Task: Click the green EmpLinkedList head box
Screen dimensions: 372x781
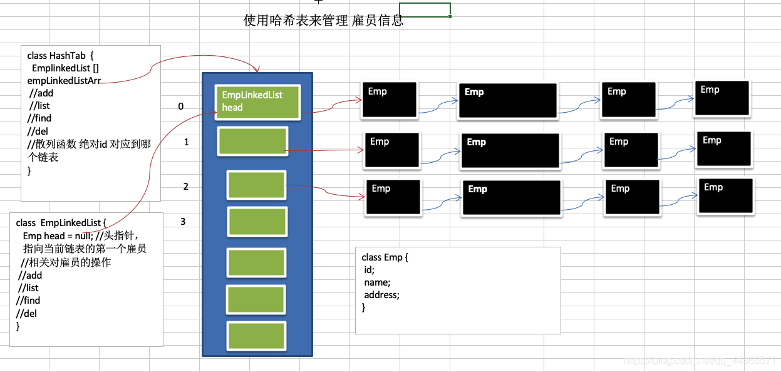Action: tap(257, 102)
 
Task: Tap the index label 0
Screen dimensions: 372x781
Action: tap(181, 106)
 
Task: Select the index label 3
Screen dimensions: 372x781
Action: tap(183, 221)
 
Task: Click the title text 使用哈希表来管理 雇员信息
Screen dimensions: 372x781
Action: tap(323, 21)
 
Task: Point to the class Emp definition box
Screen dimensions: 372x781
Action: tap(457, 290)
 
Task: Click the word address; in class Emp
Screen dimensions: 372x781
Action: tap(381, 295)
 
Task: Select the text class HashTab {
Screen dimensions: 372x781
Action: tap(60, 56)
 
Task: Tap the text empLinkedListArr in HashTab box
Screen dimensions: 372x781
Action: tap(64, 81)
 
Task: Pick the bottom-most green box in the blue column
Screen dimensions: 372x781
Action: tap(257, 336)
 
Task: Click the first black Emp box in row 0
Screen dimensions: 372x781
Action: tap(388, 100)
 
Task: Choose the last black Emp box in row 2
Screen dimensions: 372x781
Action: tap(726, 196)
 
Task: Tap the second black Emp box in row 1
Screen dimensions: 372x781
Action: tap(509, 151)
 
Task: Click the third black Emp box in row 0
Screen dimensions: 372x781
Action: tap(628, 100)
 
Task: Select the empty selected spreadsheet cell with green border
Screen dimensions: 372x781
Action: tap(425, 10)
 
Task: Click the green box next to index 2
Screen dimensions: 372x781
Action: tap(256, 185)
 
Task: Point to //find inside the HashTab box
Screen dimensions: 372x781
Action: tap(39, 118)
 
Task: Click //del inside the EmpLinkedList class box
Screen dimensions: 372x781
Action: tap(26, 313)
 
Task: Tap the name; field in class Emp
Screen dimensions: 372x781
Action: tap(377, 282)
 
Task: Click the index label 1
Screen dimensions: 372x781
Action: tap(186, 142)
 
